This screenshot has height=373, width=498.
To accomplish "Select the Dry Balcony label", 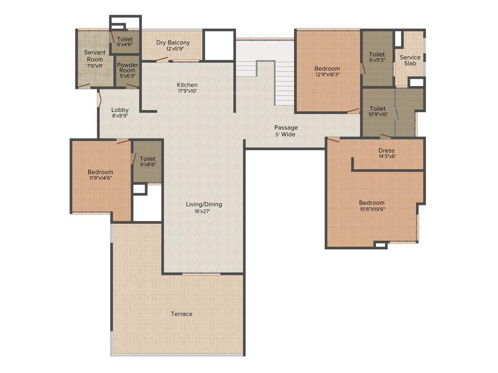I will (x=173, y=43).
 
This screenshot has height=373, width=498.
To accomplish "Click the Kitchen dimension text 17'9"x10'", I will (x=187, y=91).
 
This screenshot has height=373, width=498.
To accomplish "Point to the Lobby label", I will (x=120, y=110).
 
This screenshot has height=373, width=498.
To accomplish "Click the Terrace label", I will (x=181, y=314).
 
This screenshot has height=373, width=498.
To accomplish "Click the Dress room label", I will (x=387, y=151).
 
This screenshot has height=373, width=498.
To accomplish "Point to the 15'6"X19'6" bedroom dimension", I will (x=372, y=209).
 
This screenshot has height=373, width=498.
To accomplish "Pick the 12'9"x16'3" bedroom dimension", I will (x=327, y=75).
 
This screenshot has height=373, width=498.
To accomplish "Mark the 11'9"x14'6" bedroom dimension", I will (x=101, y=178).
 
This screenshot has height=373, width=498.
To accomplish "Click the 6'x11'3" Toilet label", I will (x=377, y=54).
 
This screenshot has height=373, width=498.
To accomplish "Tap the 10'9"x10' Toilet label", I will (x=378, y=109).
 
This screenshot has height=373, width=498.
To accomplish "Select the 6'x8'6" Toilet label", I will (x=147, y=159).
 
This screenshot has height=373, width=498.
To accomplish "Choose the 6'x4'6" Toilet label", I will (x=125, y=40).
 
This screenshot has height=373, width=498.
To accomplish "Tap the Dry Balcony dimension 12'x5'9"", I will (x=173, y=49).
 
